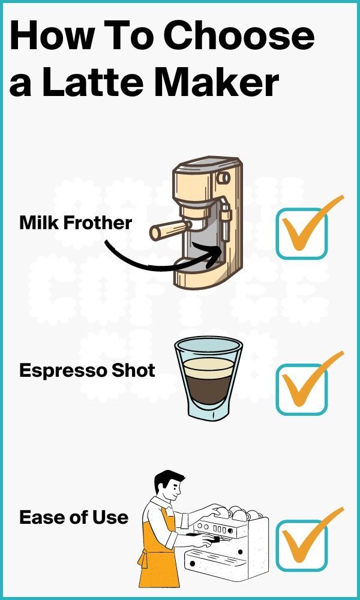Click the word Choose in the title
click(x=239, y=36)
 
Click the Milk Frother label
click(x=76, y=223)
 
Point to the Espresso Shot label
click(x=87, y=370)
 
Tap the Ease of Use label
click(x=74, y=517)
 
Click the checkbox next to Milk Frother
click(x=301, y=233)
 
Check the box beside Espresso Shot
click(x=301, y=389)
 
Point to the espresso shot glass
click(x=208, y=378)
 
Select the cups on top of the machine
click(x=237, y=514)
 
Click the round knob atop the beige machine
click(x=223, y=178)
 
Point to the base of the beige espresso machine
click(x=201, y=277)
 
